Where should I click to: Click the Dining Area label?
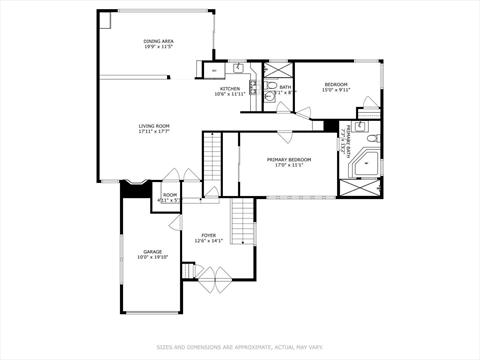(x=159, y=40)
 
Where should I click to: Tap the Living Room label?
(x=154, y=125)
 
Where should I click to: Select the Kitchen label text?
(x=230, y=88)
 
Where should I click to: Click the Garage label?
(x=152, y=251)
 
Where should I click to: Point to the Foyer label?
(x=208, y=235)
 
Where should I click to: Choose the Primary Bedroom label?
(x=289, y=159)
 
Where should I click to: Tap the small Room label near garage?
(x=170, y=194)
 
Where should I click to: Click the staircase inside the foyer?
(x=242, y=220)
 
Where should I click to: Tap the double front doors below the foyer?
(x=212, y=278)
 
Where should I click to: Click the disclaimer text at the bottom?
(x=239, y=347)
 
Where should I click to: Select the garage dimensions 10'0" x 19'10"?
(x=152, y=257)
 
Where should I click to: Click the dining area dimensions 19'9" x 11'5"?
(x=159, y=46)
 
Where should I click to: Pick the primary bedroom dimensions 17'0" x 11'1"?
(x=289, y=165)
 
